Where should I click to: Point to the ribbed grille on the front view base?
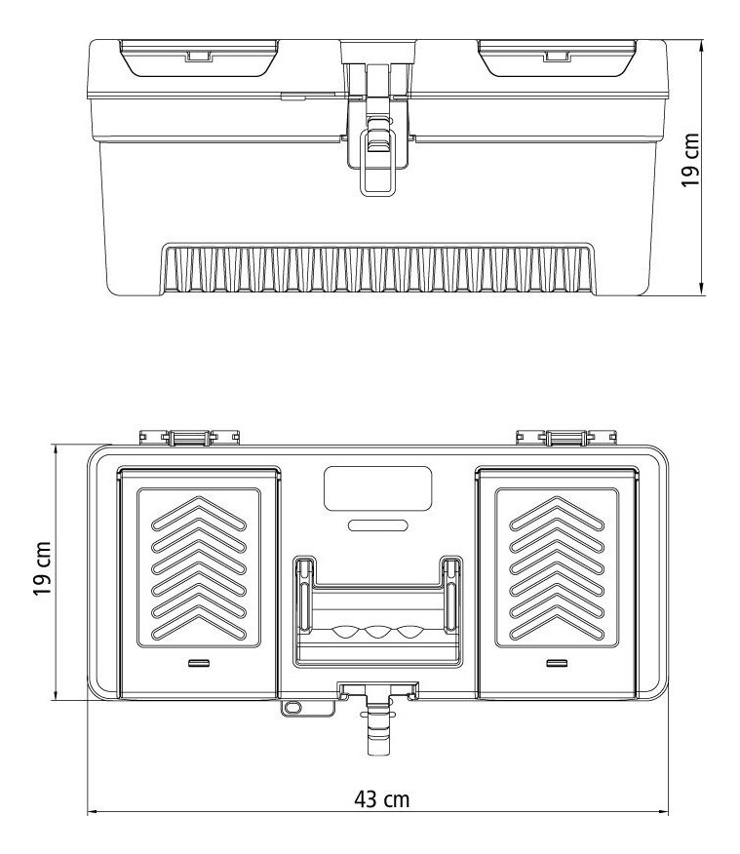tap(377, 269)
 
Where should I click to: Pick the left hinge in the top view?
tap(188, 438)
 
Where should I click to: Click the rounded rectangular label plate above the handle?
tap(377, 487)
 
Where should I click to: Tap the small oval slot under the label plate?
tap(377, 525)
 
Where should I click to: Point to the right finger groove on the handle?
tap(408, 632)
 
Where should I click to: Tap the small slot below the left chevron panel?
tap(199, 663)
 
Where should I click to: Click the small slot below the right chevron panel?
tap(557, 663)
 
